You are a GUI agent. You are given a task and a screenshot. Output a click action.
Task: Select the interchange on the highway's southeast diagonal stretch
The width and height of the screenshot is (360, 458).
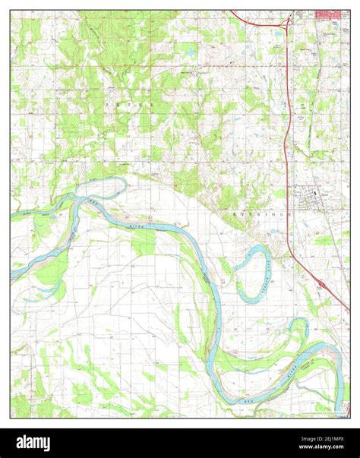pos(322,284)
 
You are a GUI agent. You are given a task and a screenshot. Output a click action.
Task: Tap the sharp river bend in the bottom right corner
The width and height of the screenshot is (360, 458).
pos(334,353)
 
